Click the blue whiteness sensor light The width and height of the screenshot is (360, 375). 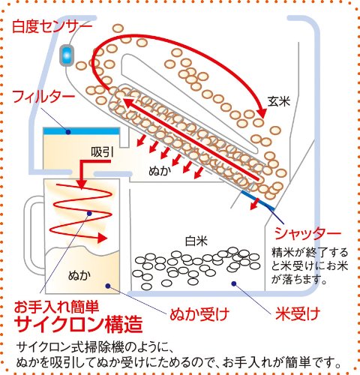[x=67, y=55]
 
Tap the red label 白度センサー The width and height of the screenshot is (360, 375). [x=52, y=25]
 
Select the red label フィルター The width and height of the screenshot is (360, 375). [x=43, y=97]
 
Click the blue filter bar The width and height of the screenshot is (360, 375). [x=82, y=131]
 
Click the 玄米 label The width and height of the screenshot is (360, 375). [x=279, y=101]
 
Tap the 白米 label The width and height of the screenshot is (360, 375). [x=196, y=241]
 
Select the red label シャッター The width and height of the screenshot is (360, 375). [x=307, y=234]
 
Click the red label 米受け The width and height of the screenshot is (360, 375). [x=298, y=314]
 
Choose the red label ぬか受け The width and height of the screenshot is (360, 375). [x=199, y=314]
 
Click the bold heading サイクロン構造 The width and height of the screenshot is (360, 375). [x=79, y=324]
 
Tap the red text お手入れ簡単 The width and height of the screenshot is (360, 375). [x=57, y=307]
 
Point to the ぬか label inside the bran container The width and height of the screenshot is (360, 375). [x=79, y=275]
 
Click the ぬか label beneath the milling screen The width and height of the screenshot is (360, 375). [x=160, y=171]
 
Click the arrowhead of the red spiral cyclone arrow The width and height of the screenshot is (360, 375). [x=102, y=238]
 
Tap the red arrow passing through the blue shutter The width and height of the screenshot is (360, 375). [x=255, y=203]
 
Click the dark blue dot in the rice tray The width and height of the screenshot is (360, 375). [x=234, y=283]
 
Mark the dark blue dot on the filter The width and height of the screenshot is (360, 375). [x=68, y=131]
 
